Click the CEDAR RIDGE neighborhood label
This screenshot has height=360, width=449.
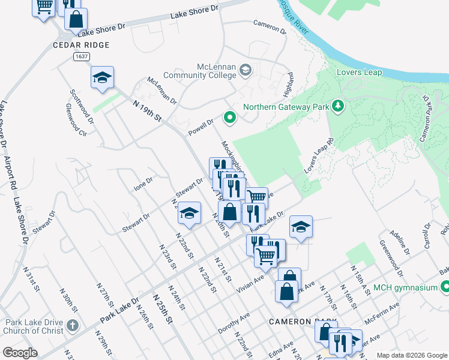[82, 45]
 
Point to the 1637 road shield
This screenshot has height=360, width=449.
[83, 56]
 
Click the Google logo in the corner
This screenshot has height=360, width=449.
[20, 353]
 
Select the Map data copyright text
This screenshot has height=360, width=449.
[411, 355]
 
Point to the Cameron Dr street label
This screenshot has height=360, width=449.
[270, 27]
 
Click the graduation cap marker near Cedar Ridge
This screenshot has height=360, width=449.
[103, 77]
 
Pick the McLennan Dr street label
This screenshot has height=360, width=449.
[162, 91]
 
